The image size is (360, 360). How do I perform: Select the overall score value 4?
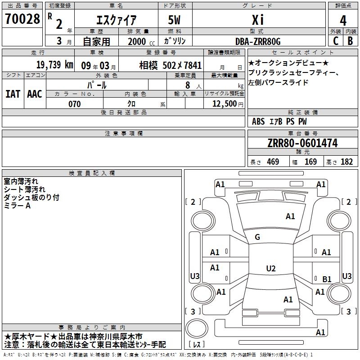click(343, 21)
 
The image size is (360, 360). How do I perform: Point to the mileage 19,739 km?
click(54, 64)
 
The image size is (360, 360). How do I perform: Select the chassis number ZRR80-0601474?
click(302, 144)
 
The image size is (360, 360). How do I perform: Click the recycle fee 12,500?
click(224, 104)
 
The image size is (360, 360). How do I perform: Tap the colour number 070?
click(74, 104)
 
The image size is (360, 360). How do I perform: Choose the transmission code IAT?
click(13, 94)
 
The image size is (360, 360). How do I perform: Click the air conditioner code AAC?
click(35, 94)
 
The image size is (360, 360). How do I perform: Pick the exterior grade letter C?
click(335, 41)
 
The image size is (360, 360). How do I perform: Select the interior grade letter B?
click(351, 41)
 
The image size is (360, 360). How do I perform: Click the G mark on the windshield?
click(257, 237)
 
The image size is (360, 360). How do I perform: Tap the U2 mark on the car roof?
click(270, 269)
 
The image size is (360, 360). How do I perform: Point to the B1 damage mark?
click(327, 279)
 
